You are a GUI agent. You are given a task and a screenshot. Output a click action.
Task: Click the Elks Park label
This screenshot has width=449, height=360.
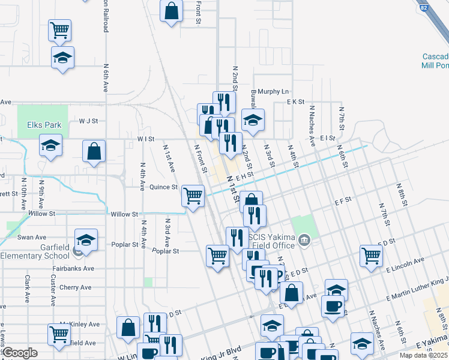pos(44,125)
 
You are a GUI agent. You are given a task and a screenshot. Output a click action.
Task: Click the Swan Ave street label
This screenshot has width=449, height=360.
pos(32,238)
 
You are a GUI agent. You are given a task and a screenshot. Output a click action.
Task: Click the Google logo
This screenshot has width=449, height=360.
pos(20,353)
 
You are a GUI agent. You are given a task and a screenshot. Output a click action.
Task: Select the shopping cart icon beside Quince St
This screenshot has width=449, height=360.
pos(193,196)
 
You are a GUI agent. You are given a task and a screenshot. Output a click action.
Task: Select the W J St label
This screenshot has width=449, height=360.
pos(88,121)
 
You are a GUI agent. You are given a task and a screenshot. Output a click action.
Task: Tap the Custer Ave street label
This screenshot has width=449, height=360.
pos(53,288)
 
